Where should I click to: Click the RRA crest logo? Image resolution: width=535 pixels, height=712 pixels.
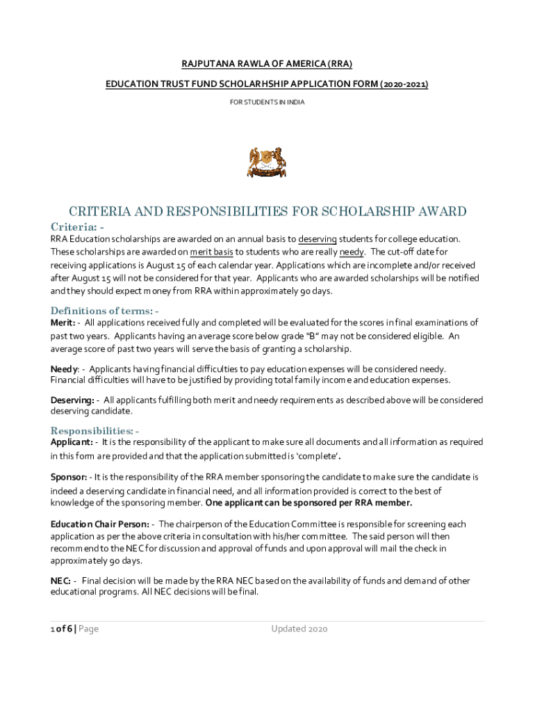pos(267,161)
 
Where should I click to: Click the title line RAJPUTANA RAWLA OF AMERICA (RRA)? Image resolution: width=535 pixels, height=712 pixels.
pos(267,64)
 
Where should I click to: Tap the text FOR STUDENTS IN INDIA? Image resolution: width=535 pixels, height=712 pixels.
pos(267,102)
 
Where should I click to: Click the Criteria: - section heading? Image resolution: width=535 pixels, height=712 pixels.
pos(78,227)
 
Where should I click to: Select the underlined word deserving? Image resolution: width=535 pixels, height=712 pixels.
pos(318,239)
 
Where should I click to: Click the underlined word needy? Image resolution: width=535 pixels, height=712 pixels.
pos(352,252)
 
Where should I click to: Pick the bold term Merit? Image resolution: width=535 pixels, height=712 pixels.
pos(63,323)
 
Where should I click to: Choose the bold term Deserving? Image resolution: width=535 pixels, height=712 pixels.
pos(72,400)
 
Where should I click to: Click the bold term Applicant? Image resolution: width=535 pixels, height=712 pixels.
pos(72,442)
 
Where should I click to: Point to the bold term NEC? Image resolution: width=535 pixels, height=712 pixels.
pos(60,581)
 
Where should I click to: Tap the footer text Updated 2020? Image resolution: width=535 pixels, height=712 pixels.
pos(299,629)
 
